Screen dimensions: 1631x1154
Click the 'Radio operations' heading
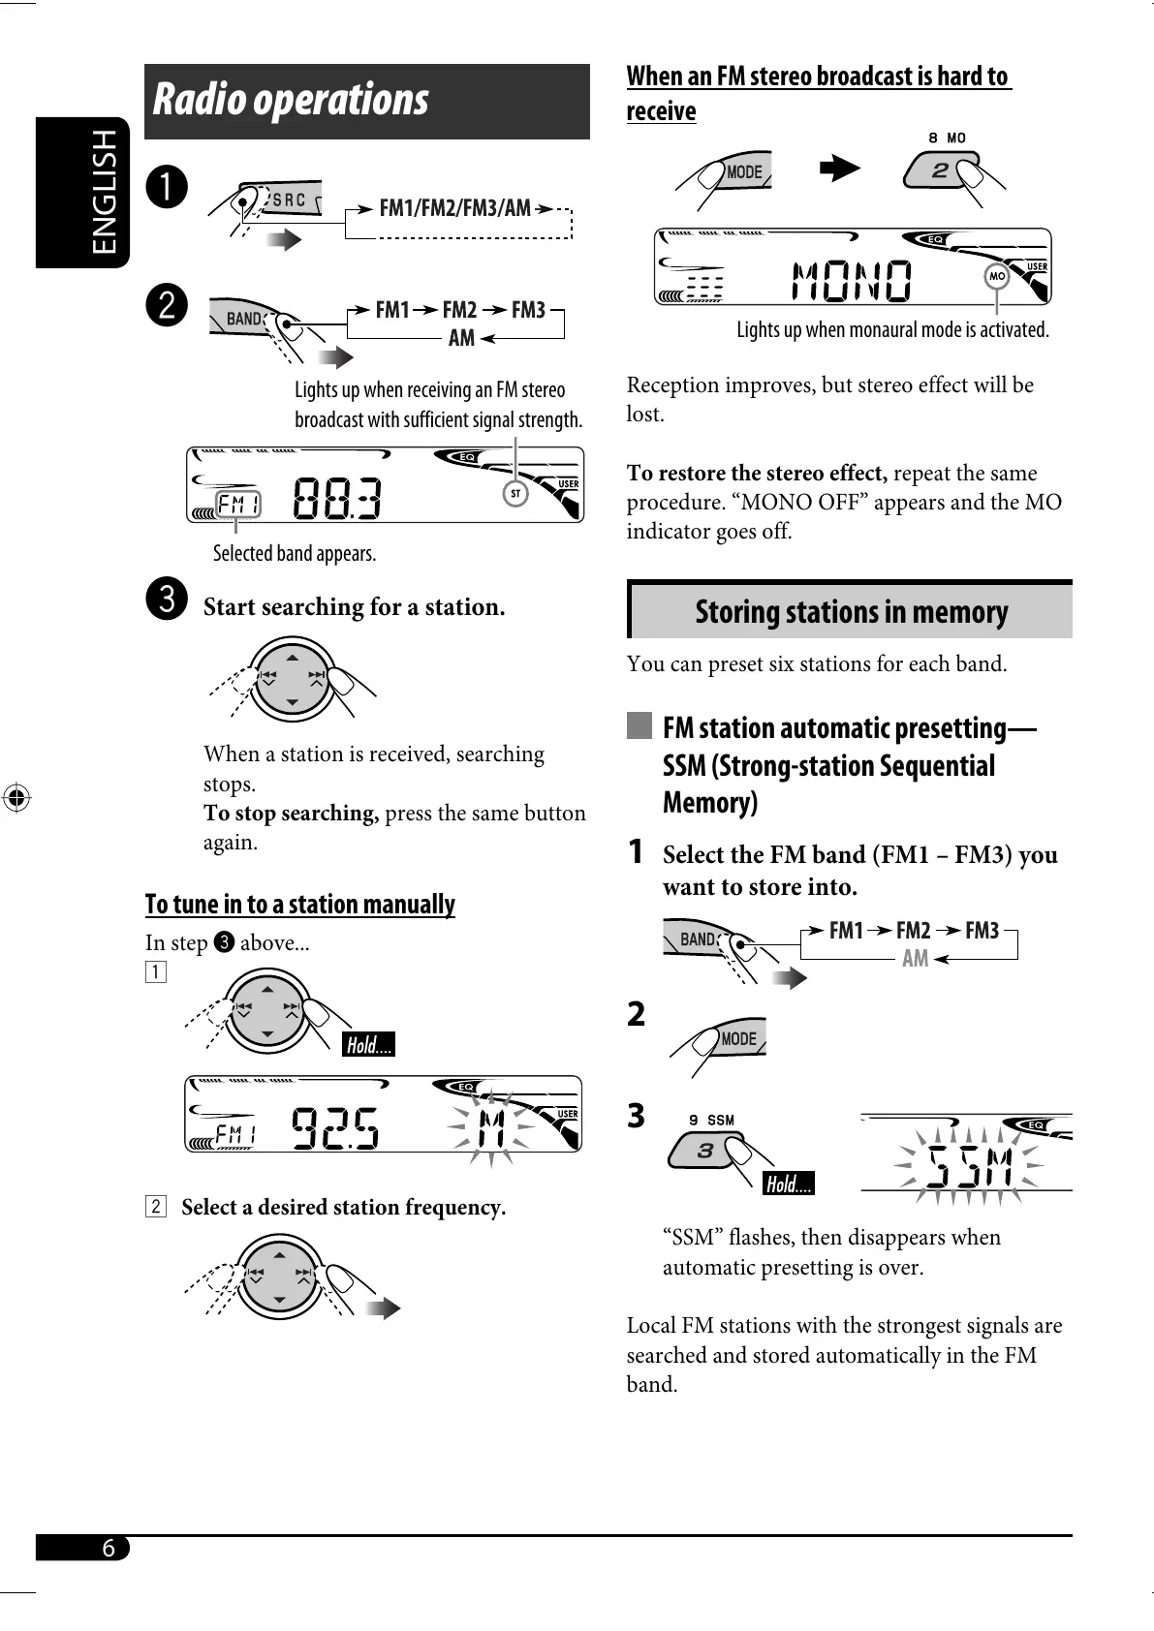291,100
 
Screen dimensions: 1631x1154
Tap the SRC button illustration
285,200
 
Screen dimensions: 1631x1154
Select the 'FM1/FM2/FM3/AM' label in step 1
454,208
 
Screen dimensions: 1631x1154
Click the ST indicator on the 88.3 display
515,494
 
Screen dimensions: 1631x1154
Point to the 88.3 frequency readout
336,500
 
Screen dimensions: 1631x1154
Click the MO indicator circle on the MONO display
996,277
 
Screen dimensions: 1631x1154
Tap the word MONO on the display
852,281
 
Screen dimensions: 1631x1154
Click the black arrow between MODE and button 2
839,169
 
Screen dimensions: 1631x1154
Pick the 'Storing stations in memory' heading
851,612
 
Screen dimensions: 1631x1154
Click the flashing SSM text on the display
969,1166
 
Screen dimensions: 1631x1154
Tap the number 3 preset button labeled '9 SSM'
704,1152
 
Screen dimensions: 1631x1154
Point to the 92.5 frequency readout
334,1128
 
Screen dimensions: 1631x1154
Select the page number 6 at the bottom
109,1548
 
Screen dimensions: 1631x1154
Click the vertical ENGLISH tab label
104,192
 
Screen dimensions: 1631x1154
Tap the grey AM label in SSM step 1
915,959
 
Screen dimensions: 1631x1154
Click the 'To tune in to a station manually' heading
299,905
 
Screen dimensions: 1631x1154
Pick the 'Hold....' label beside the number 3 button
789,1184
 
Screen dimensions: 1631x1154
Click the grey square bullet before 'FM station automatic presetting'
639,725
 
